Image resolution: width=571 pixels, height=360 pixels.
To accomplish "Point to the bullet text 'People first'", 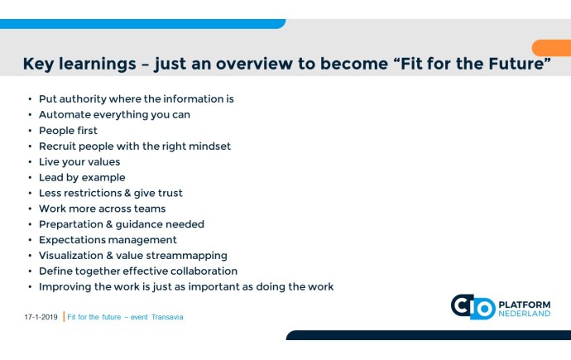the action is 68,130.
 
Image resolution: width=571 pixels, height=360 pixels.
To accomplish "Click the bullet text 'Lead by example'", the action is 82,178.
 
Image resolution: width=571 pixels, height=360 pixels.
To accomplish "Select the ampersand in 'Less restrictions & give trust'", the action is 127,193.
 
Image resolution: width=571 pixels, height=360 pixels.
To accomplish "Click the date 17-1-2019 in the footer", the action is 41,317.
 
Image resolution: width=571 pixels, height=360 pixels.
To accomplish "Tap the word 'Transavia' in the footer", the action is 167,317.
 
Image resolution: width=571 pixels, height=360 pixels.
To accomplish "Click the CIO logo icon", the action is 473,307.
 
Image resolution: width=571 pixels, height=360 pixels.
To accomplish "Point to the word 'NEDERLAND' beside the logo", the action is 525,314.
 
